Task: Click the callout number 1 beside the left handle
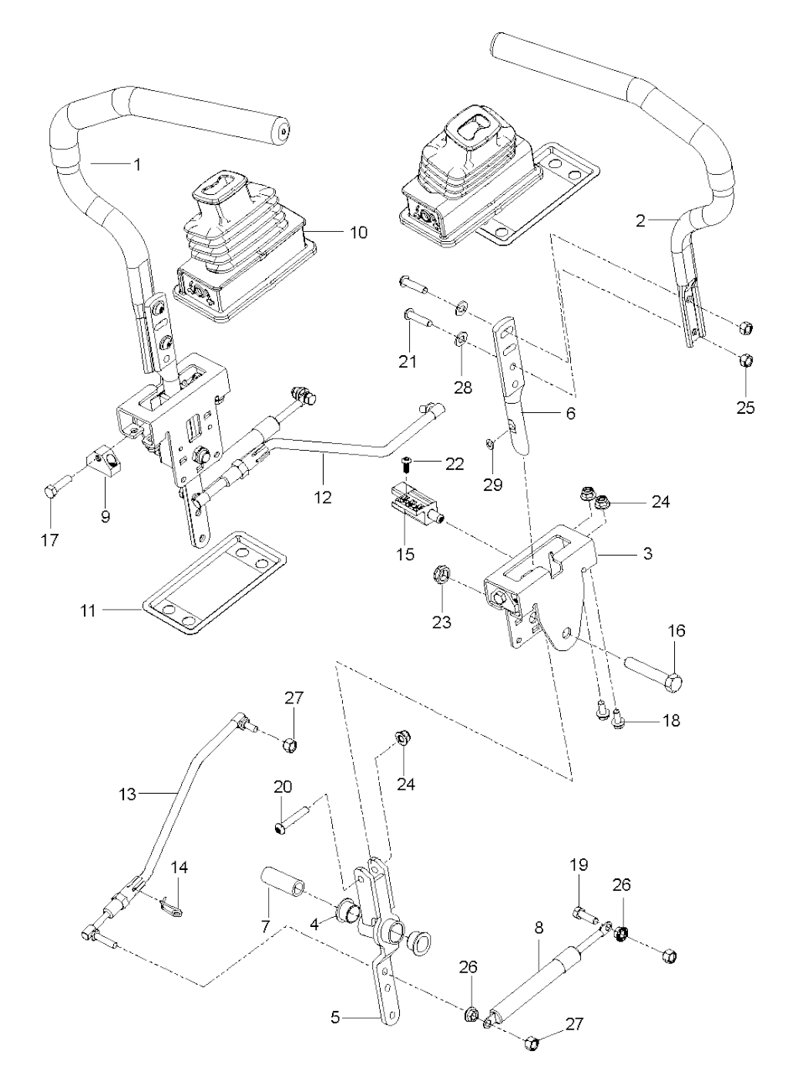click(137, 164)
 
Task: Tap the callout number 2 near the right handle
click(640, 222)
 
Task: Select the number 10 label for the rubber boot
click(358, 231)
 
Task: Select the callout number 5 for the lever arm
click(335, 1017)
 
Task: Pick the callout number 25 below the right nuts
click(745, 407)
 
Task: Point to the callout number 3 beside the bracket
click(647, 553)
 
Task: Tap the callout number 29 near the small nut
click(492, 485)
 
